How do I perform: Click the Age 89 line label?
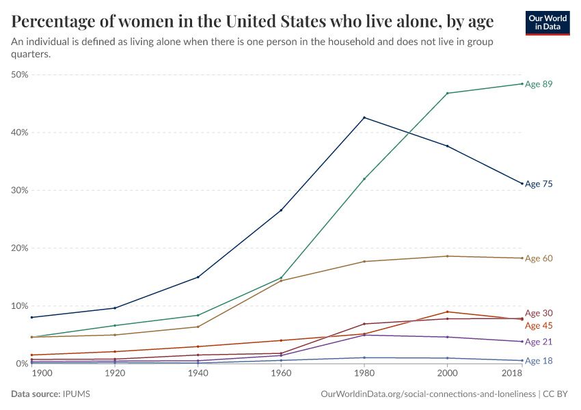[539, 84]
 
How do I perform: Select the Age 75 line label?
[539, 184]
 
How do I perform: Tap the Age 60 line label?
[539, 258]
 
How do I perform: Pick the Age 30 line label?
[539, 313]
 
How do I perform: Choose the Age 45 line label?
[539, 325]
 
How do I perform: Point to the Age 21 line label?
[539, 342]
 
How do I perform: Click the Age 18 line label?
[539, 361]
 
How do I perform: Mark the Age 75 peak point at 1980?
[364, 118]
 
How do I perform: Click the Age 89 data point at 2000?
[447, 93]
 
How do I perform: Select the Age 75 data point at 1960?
[281, 210]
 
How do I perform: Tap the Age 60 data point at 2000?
[447, 256]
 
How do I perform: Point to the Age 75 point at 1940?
[198, 277]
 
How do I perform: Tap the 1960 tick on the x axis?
[281, 374]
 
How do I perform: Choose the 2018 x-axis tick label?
[512, 374]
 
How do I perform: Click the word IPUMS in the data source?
[76, 394]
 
